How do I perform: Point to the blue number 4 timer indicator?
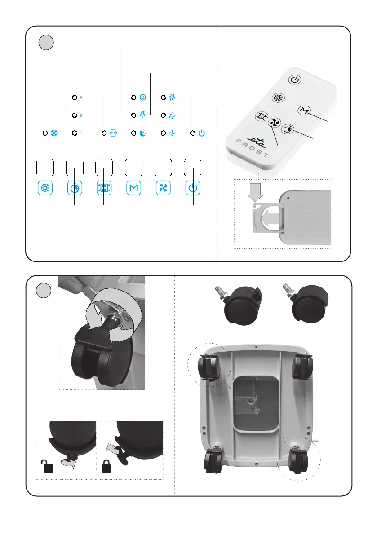pyautogui.click(x=81, y=97)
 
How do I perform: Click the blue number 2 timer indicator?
pyautogui.click(x=81, y=115)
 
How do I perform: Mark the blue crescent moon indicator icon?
pyautogui.click(x=142, y=133)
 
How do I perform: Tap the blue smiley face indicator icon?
pyautogui.click(x=142, y=97)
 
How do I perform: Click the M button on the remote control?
pyautogui.click(x=303, y=111)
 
